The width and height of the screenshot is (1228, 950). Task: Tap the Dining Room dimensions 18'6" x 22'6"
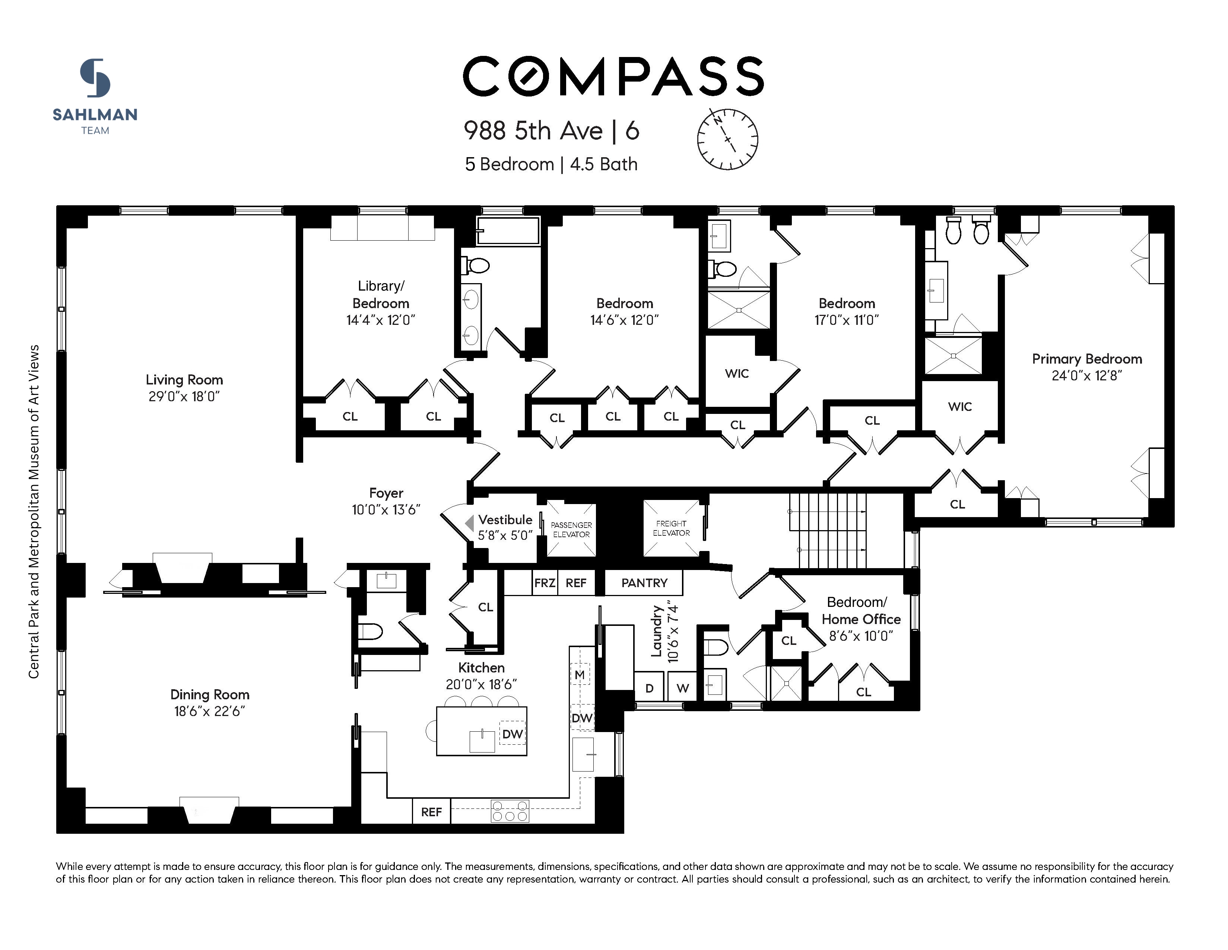click(x=210, y=712)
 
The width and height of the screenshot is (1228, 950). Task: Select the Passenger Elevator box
click(x=571, y=529)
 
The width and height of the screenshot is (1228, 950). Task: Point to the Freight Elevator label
click(x=671, y=528)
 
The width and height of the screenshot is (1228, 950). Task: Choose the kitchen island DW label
click(x=512, y=734)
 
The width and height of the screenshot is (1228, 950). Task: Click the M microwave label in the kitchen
click(x=580, y=674)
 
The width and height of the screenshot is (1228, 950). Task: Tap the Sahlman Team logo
click(x=95, y=96)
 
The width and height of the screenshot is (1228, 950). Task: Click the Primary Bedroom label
click(x=1087, y=359)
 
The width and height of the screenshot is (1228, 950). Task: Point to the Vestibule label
click(x=505, y=520)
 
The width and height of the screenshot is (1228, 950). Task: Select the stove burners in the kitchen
click(x=510, y=811)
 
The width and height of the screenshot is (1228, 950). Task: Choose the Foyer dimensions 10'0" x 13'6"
click(x=386, y=510)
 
